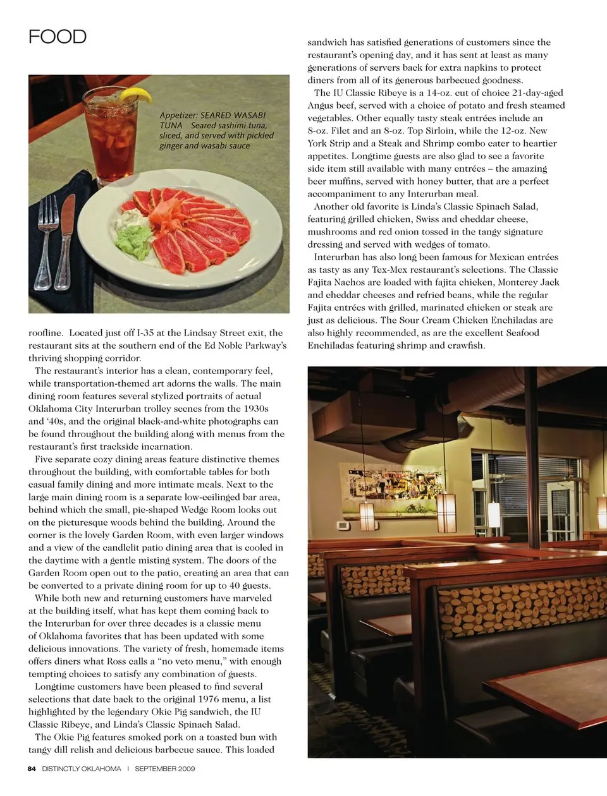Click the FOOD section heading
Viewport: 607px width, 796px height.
tap(58, 37)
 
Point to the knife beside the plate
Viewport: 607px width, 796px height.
tap(65, 239)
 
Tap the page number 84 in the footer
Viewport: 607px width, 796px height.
tap(32, 769)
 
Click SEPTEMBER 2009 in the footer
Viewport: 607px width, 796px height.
tap(164, 769)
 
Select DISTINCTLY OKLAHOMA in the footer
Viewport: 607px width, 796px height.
tap(82, 769)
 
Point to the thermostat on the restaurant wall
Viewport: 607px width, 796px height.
tap(341, 526)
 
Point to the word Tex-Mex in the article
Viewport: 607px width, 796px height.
tap(391, 270)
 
